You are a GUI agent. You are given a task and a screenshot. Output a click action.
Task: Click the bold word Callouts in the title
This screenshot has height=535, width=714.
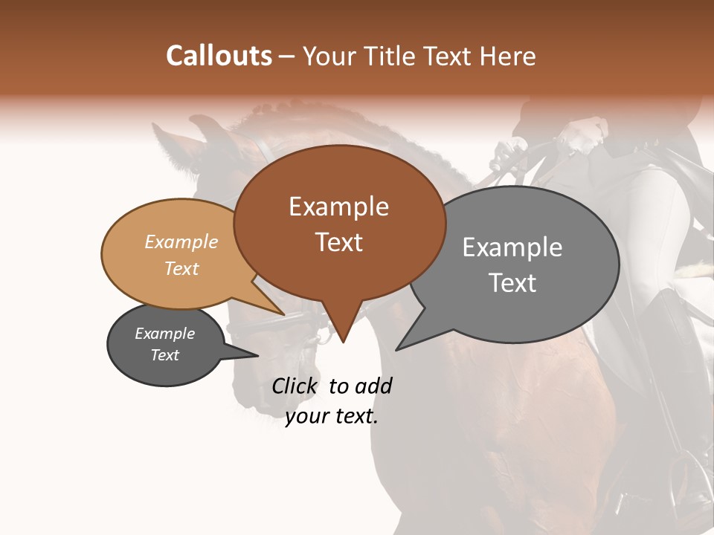pyautogui.click(x=219, y=56)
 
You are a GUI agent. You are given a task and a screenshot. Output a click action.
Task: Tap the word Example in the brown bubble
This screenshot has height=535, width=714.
pyautogui.click(x=338, y=207)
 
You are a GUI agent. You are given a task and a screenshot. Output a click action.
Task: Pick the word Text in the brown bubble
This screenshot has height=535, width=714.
pyautogui.click(x=338, y=242)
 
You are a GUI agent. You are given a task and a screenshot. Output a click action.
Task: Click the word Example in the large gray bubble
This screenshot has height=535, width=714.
pyautogui.click(x=512, y=247)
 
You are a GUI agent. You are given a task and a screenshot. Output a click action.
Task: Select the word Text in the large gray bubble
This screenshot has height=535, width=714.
pyautogui.click(x=512, y=283)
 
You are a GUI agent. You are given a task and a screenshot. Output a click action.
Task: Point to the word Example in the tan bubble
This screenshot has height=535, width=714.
pyautogui.click(x=181, y=241)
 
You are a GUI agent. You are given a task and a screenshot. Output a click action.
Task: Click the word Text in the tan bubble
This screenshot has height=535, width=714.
pyautogui.click(x=181, y=268)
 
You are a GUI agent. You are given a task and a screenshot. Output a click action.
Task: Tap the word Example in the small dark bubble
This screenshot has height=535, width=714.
pyautogui.click(x=164, y=334)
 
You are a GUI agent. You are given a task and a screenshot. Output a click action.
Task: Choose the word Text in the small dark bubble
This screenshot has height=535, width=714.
pyautogui.click(x=164, y=355)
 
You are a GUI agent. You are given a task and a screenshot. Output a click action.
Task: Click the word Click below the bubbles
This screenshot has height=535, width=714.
pyautogui.click(x=295, y=386)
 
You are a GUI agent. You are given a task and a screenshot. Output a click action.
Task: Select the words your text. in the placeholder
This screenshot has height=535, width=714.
pyautogui.click(x=331, y=417)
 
